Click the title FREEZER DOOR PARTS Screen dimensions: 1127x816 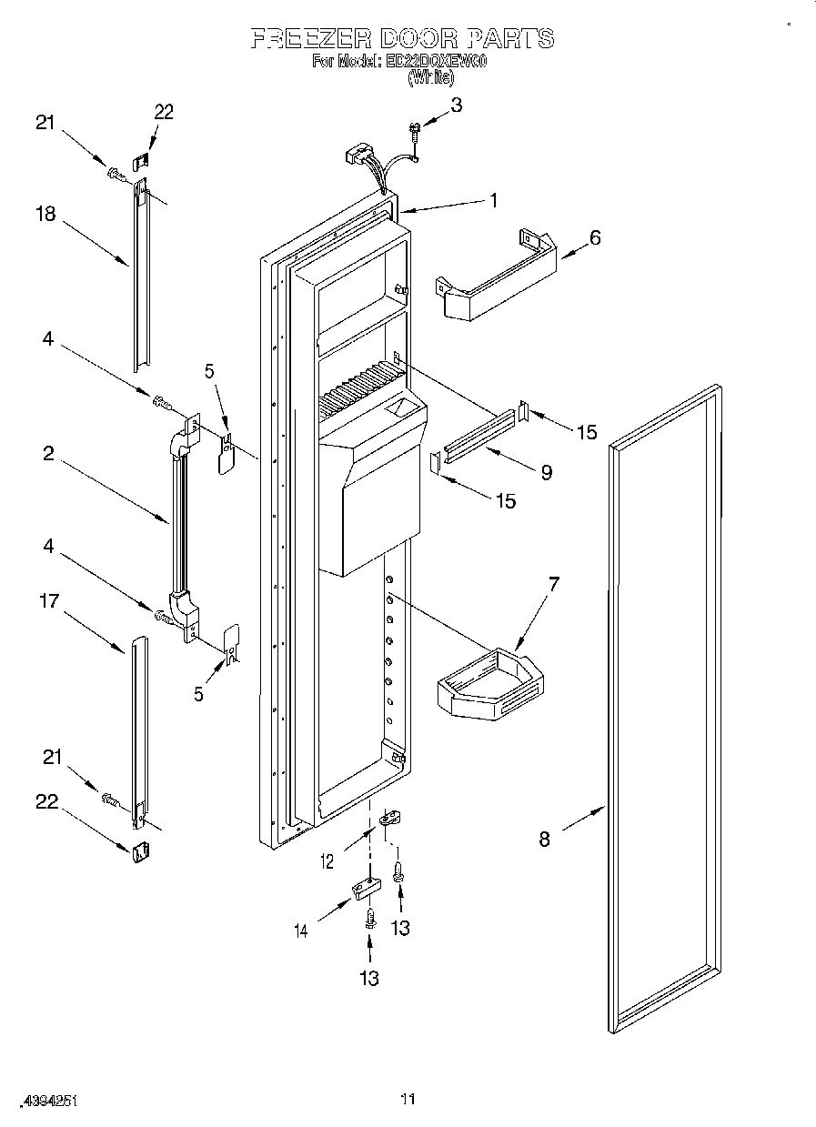[401, 38]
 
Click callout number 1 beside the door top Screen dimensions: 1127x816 [493, 201]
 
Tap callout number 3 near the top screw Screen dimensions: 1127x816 [457, 105]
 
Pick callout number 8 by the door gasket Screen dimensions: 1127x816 [544, 839]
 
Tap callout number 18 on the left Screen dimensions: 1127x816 [45, 214]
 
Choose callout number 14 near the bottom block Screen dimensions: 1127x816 [302, 930]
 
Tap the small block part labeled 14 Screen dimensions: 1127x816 [364, 888]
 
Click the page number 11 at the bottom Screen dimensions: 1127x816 [408, 1099]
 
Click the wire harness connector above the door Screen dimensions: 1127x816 [358, 156]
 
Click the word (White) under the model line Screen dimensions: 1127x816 [430, 79]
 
